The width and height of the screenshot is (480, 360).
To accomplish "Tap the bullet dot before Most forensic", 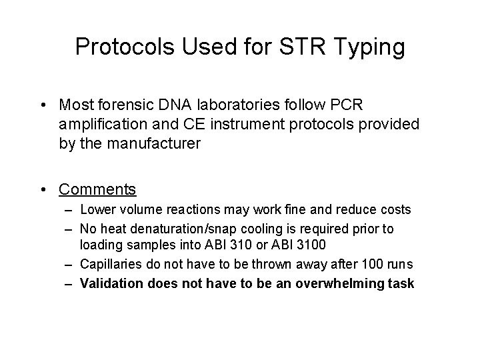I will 43,105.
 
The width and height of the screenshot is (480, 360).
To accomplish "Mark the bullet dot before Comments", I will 43,189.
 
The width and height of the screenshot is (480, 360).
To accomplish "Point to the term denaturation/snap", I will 173,229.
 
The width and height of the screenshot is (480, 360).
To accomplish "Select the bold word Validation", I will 112,283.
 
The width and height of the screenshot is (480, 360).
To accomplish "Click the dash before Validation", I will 70,283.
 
